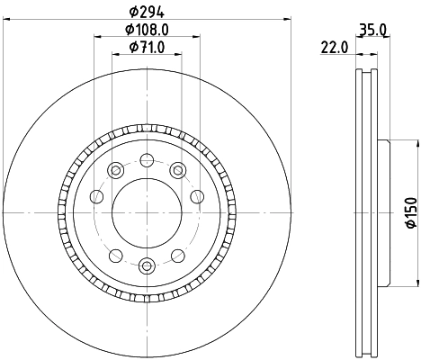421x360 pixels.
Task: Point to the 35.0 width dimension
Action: (372, 30)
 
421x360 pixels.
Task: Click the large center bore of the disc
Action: (146, 212)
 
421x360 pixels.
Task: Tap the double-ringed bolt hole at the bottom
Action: (146, 265)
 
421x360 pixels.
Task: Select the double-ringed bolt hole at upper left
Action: (114, 170)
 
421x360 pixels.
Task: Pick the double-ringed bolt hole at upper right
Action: (177, 170)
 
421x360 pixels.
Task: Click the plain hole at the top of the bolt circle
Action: (146, 160)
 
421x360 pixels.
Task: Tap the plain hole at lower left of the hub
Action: (114, 255)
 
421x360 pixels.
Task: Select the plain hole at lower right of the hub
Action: (177, 255)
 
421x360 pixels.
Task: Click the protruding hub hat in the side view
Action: (384, 212)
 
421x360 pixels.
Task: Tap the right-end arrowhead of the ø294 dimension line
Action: (289, 19)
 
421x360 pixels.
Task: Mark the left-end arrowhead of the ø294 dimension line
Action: (4, 19)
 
